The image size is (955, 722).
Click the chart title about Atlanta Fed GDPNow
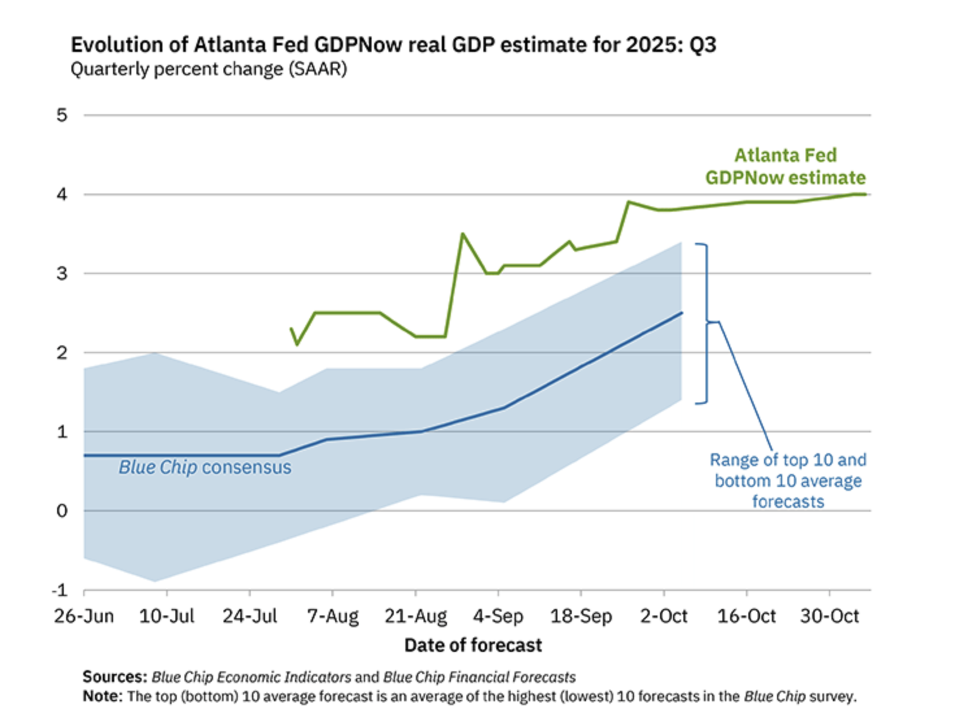pos(393,45)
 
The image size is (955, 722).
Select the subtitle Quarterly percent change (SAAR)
pos(209,69)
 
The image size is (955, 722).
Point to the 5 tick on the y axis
pos(62,115)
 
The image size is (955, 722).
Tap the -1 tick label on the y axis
pos(60,590)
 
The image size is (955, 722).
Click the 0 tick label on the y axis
pos(62,511)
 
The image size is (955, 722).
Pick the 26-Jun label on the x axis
pos(84,616)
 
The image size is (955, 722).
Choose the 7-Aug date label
pos(333,616)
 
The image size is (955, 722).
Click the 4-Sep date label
pos(498,616)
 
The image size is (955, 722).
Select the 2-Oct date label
pos(663,616)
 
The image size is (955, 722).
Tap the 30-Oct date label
pos(829,616)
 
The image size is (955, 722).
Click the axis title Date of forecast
pos(473,645)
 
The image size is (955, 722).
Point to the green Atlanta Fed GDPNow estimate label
pos(785,166)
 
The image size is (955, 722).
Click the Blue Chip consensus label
pos(205,467)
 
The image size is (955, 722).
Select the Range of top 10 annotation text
pos(787,480)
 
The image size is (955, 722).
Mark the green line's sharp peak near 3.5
pos(463,234)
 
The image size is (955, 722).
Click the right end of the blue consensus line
pos(682,312)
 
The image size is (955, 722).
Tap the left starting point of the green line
pos(291,329)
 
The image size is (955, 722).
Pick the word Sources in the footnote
pos(114,677)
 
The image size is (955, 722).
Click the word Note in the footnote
pos(102,697)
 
